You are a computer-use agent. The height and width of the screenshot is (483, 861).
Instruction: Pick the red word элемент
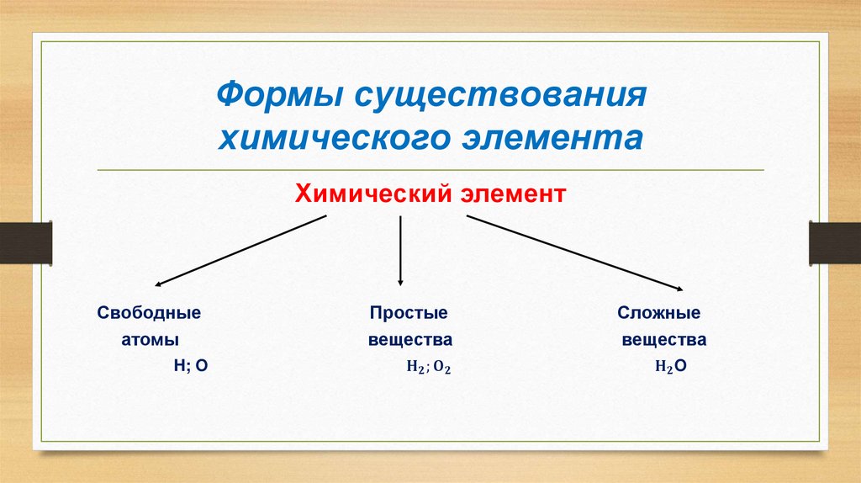[514, 195]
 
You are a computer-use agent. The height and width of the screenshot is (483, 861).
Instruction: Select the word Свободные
[149, 313]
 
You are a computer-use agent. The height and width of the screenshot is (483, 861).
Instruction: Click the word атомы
[150, 341]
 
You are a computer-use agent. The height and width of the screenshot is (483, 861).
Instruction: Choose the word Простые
[409, 313]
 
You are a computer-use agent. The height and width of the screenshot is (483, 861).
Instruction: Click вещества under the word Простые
[410, 341]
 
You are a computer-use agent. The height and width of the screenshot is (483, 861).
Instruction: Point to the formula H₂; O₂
[429, 369]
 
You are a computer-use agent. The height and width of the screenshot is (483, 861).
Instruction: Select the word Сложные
[659, 313]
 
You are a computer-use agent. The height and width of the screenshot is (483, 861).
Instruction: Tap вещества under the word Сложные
[664, 341]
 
